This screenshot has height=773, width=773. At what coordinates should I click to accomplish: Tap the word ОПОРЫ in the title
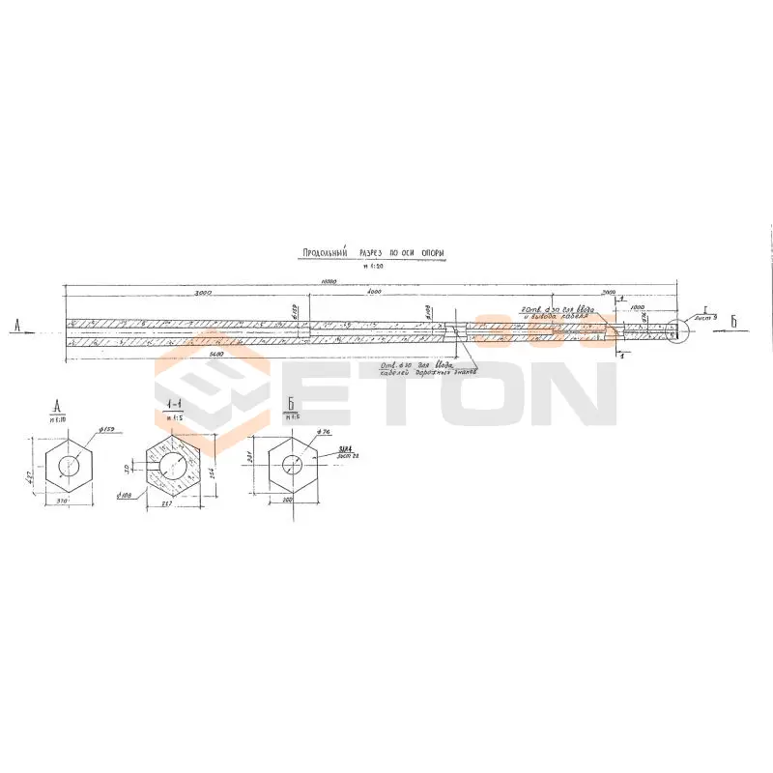click(433, 253)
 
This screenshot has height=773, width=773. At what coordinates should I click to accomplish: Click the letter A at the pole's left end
click(18, 326)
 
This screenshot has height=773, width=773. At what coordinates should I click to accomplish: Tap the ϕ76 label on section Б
click(322, 432)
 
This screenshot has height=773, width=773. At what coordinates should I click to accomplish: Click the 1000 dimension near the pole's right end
click(638, 306)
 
